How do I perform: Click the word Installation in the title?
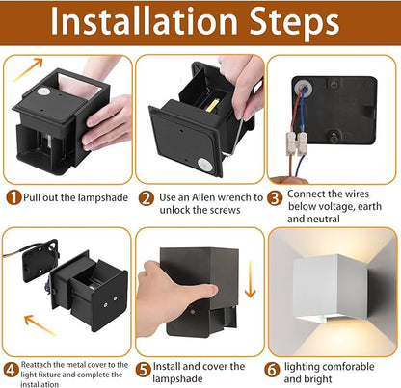pyautogui.click(x=145, y=21)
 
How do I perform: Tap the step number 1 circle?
pyautogui.click(x=13, y=197)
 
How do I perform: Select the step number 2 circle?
pyautogui.click(x=147, y=199)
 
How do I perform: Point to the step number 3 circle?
pyautogui.click(x=275, y=198)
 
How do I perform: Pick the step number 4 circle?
pyautogui.click(x=11, y=370)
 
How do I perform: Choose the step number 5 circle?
pyautogui.click(x=144, y=370)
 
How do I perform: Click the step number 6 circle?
pyautogui.click(x=272, y=370)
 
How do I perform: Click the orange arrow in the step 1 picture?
pyautogui.click(x=27, y=69)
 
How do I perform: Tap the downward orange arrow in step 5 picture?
pyautogui.click(x=250, y=279)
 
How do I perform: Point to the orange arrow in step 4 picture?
pyautogui.click(x=40, y=324)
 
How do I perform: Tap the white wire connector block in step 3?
pyautogui.click(x=297, y=142)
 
